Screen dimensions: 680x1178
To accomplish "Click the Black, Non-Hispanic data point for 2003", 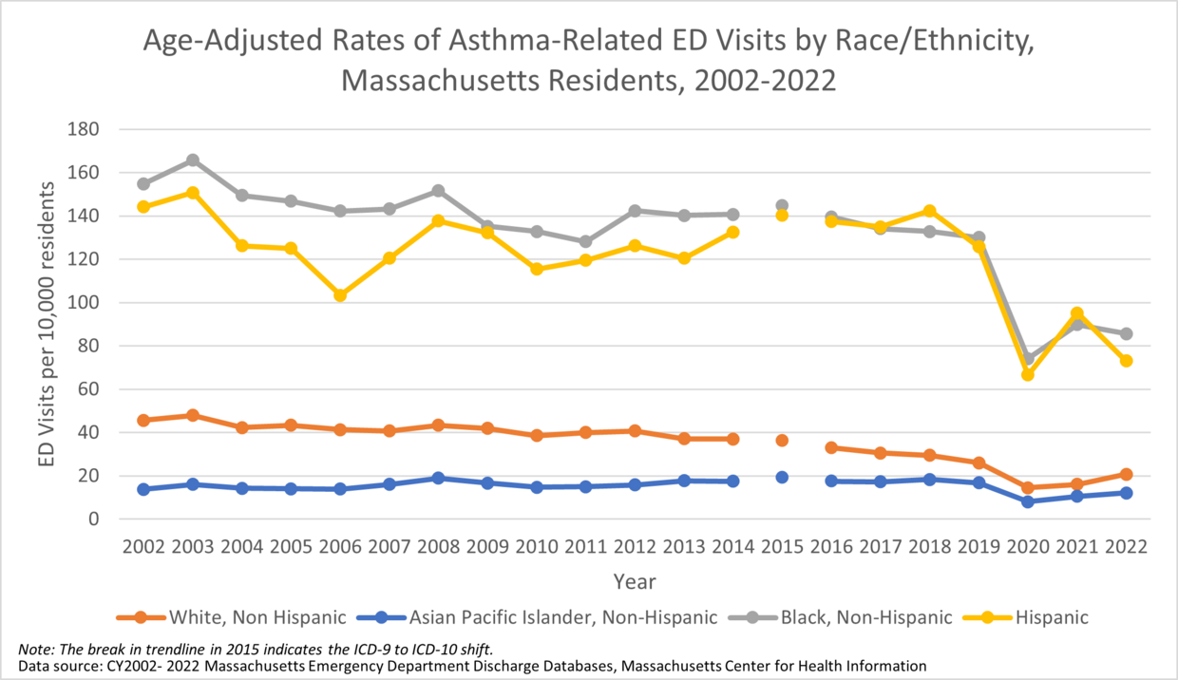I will tap(193, 161).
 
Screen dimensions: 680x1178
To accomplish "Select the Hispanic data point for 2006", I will tap(340, 295).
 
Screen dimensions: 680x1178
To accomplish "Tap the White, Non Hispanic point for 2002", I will tap(143, 420).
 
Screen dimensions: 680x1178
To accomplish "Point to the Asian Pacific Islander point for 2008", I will tap(438, 478).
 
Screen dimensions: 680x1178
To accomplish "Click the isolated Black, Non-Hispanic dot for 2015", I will tap(782, 205).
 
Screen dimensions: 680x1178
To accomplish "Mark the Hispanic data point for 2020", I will tap(1028, 374).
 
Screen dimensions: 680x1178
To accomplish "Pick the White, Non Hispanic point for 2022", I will tap(1126, 474).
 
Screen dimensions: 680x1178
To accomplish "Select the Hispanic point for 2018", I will tap(929, 211).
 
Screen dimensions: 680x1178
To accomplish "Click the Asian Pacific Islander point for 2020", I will tap(1028, 501).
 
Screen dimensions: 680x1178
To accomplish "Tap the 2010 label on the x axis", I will tap(537, 548).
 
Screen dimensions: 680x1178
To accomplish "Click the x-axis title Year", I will tap(634, 580).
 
